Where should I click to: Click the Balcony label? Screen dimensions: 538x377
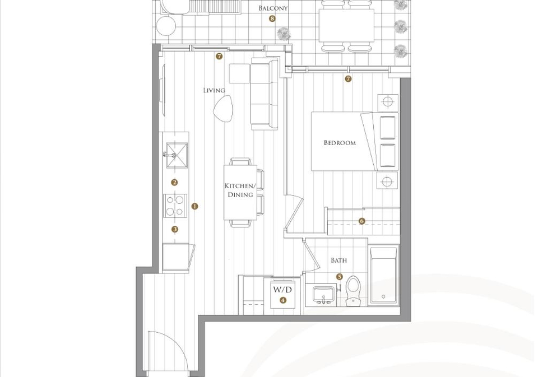pos(273,8)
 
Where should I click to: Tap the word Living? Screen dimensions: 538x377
pos(214,90)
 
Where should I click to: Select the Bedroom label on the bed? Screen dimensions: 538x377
pos(340,142)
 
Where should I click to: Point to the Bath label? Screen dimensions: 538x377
pos(338,260)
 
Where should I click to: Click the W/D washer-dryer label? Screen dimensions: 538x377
pos(282,290)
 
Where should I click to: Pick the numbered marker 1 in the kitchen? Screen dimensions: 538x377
pos(195,207)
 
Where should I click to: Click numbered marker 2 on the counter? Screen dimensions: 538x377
pos(175,183)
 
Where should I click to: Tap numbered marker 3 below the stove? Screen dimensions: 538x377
pos(175,229)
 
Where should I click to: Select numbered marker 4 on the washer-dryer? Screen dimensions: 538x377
pos(282,300)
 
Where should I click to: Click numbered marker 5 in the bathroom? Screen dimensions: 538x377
pos(340,277)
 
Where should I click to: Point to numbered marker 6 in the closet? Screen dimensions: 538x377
pos(362,221)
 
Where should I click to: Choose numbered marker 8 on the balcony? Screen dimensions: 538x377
pos(272,19)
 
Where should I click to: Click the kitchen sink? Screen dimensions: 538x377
pos(177,155)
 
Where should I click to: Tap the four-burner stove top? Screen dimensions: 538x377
pos(175,206)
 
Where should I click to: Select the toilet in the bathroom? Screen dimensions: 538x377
pos(353,291)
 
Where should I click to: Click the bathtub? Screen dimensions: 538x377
pos(383,276)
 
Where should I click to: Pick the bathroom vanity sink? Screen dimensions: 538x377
pos(323,295)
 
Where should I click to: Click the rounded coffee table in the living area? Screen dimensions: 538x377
pos(222,109)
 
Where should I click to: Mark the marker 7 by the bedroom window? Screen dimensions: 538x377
pos(348,79)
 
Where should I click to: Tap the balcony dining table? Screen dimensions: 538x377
pos(346,25)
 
